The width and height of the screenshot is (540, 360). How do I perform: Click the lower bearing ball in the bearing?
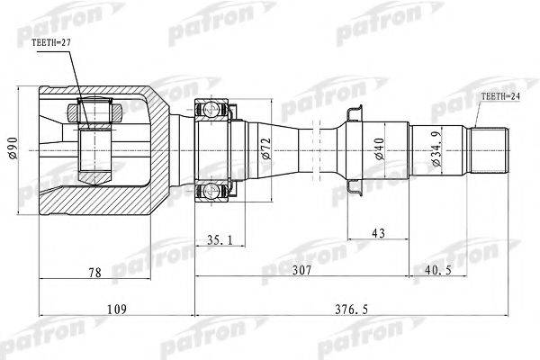(213, 189)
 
